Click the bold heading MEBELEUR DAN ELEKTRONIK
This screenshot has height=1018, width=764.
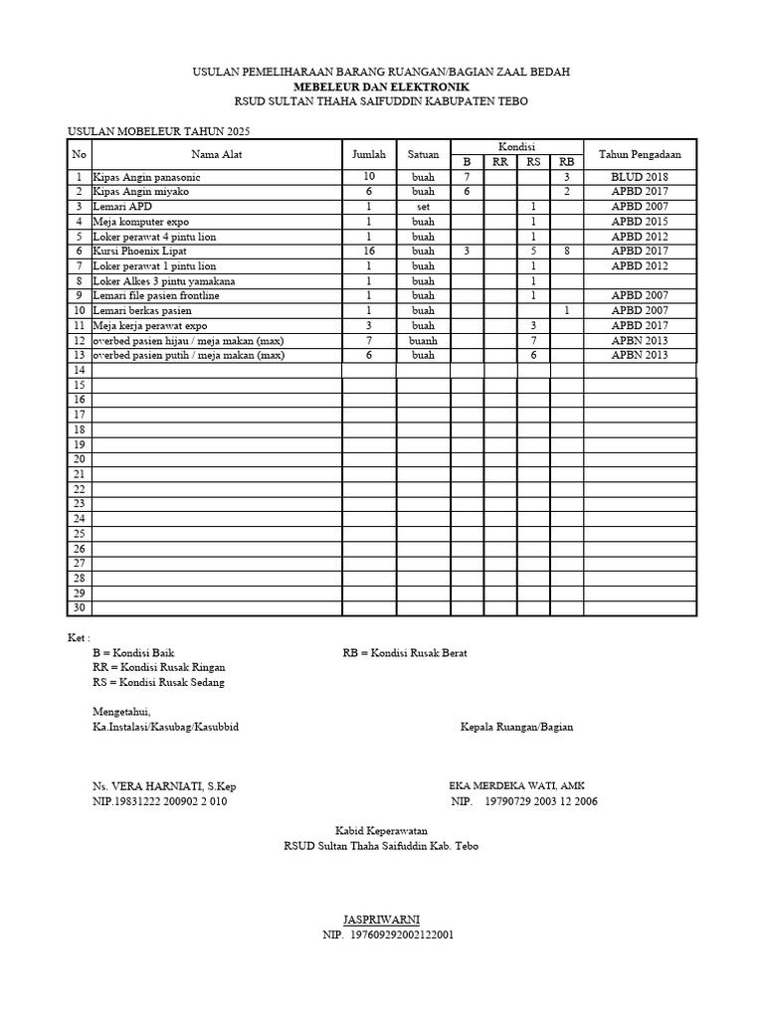(x=381, y=87)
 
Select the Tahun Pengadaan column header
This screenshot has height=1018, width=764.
(x=639, y=154)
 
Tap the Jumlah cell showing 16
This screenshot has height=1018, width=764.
(x=368, y=252)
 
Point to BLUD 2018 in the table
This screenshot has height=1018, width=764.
(x=639, y=176)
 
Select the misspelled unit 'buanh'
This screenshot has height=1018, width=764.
(x=423, y=341)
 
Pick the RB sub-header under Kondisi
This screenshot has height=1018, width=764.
(x=566, y=162)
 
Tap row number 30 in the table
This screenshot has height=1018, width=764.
(x=79, y=608)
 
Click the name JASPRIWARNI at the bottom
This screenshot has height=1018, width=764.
(x=381, y=921)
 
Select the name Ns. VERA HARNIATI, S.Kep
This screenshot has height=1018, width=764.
(x=164, y=786)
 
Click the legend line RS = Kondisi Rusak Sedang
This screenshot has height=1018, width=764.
(x=158, y=682)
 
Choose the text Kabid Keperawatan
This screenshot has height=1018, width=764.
(x=381, y=831)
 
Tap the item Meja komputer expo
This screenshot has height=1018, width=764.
(x=140, y=222)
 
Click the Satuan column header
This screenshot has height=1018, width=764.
(x=423, y=154)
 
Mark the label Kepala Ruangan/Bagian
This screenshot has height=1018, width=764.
(x=516, y=727)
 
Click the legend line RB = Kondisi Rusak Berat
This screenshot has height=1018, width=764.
(x=405, y=653)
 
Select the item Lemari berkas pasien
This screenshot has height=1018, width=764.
(x=143, y=311)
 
